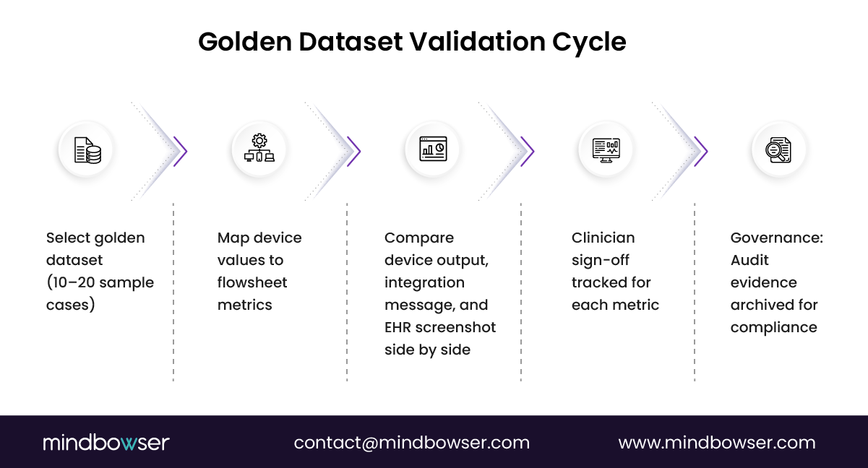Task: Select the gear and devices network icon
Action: [x=259, y=149]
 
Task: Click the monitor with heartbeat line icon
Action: [x=606, y=150]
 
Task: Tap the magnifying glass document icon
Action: [x=779, y=150]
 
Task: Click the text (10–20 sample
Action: [x=100, y=282]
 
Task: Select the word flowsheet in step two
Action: [x=252, y=282]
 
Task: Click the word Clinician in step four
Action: [x=603, y=238]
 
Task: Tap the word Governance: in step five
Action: [x=776, y=238]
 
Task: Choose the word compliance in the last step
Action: [x=773, y=327]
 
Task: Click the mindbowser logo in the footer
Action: [x=106, y=443]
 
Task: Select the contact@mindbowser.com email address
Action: [x=411, y=443]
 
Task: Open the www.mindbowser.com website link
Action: [x=716, y=443]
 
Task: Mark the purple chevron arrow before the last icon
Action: [x=702, y=151]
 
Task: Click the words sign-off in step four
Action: [x=600, y=260]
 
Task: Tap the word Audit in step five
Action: [x=749, y=260]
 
